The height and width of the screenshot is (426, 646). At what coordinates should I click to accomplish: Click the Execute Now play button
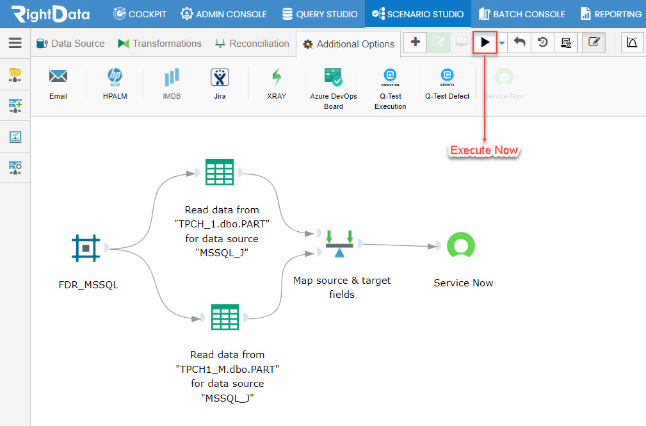click(485, 42)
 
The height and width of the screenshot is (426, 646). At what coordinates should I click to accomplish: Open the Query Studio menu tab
click(319, 14)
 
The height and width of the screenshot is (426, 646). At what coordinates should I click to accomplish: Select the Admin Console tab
click(223, 14)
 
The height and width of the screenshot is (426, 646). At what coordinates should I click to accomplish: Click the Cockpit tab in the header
click(140, 14)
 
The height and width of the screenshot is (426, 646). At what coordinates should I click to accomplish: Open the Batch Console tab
click(522, 14)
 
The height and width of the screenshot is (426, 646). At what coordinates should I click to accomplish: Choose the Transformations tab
click(159, 44)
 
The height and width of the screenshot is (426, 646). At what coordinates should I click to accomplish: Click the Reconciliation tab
click(252, 44)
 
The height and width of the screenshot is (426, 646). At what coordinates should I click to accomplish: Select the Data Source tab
click(70, 44)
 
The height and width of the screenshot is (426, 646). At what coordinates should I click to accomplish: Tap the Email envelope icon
click(58, 76)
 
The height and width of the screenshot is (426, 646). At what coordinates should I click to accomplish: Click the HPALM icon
click(115, 77)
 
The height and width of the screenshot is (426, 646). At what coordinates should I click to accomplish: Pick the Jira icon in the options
click(220, 77)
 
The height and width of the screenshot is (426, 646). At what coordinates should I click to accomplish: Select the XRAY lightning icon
click(277, 77)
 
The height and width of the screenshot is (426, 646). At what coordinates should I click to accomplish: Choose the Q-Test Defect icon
click(447, 77)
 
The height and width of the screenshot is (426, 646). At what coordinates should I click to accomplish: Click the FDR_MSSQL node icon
click(86, 249)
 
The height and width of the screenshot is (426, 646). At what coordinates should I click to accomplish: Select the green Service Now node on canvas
click(461, 245)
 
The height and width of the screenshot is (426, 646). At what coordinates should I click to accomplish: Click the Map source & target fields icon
click(339, 243)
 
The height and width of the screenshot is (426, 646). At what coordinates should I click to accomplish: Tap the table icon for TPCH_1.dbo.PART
click(220, 172)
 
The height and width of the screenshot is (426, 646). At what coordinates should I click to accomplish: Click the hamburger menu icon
click(15, 43)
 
